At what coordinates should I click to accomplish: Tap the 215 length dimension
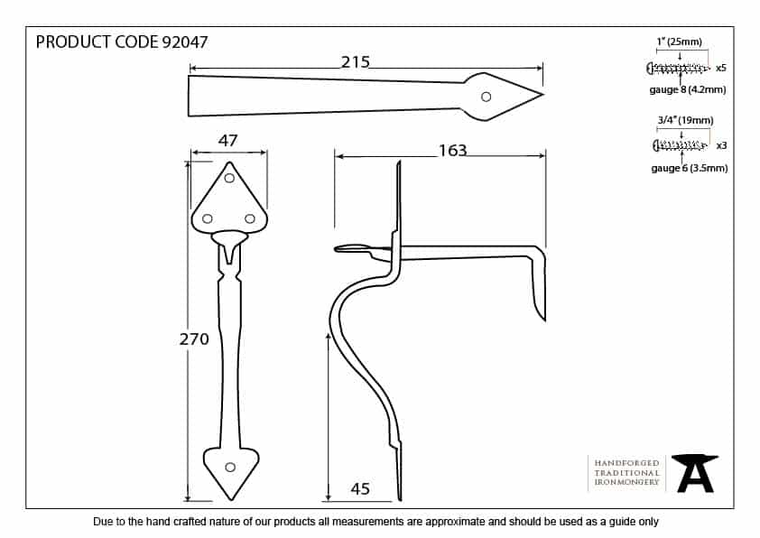[356, 62]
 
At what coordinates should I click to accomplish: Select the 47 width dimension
[227, 140]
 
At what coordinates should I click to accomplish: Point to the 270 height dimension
[194, 339]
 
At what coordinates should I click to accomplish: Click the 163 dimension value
[452, 151]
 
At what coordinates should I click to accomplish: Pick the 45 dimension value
[359, 489]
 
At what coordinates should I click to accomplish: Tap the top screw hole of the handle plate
[229, 179]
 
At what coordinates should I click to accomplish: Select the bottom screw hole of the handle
[229, 467]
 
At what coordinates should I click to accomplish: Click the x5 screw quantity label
[720, 68]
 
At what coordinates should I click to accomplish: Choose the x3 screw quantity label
[720, 145]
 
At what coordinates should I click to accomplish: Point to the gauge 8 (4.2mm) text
[688, 89]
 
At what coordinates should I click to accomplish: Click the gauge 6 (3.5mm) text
[689, 168]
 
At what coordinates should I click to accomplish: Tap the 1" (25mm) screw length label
[679, 42]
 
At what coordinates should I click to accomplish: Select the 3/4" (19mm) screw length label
[685, 120]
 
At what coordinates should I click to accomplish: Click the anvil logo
[697, 473]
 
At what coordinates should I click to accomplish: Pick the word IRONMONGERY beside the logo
[627, 483]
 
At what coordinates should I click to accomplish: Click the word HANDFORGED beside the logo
[627, 462]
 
